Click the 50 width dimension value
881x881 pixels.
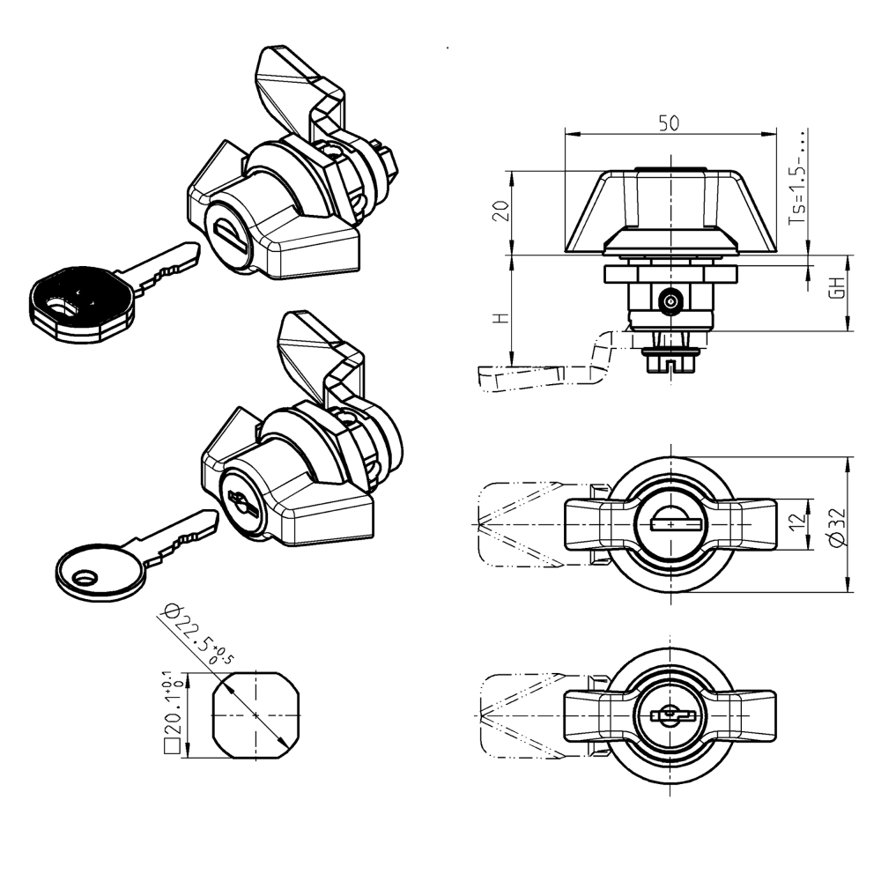click(670, 123)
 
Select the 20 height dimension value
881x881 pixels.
click(501, 211)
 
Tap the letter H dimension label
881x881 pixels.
click(501, 318)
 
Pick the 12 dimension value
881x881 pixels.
click(798, 524)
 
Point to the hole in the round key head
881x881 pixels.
click(86, 578)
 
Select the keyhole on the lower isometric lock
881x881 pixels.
click(239, 500)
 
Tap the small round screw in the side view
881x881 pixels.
click(670, 302)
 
